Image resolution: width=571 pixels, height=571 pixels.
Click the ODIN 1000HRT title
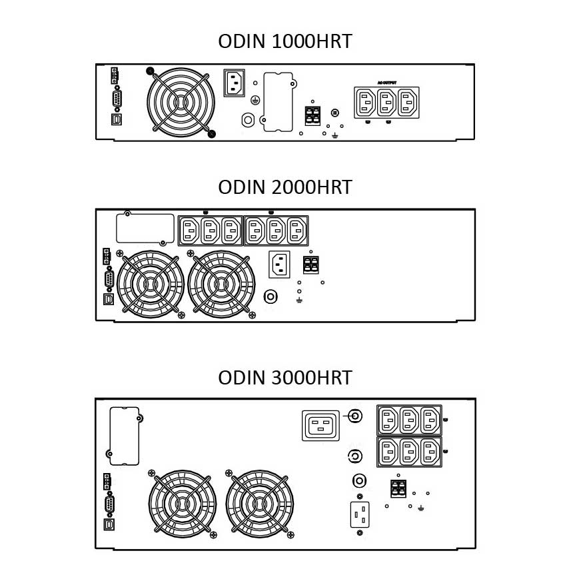click(285, 41)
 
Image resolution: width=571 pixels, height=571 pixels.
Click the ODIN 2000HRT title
click(285, 187)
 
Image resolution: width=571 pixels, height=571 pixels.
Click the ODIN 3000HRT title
click(285, 378)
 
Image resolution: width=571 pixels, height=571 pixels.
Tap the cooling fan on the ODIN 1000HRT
click(181, 102)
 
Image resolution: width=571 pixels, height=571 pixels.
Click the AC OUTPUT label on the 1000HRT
click(386, 81)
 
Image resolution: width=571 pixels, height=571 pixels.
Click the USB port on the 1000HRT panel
click(116, 120)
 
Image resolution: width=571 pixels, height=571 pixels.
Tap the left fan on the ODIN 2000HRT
click(150, 284)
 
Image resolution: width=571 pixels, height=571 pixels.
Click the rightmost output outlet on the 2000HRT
click(295, 231)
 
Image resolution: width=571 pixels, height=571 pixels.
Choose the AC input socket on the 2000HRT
click(280, 265)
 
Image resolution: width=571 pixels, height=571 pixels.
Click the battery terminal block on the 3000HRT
click(398, 490)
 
